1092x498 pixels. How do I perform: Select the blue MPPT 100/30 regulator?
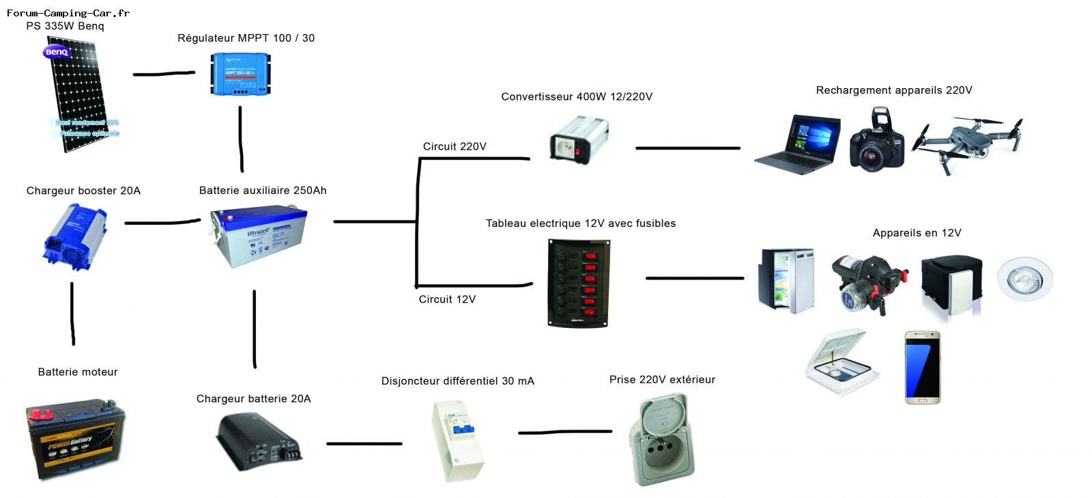coord(241,74)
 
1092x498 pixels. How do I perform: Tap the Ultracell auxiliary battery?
coord(259,236)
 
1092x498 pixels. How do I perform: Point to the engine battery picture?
coord(76,439)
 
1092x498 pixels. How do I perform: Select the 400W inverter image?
coord(579,140)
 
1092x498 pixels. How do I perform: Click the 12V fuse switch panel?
coord(579,282)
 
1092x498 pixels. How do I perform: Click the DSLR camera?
coord(877,141)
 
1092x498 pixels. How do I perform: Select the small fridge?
coord(786,279)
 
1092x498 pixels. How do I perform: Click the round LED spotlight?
coord(1024,279)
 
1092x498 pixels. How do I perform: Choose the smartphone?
coord(923,368)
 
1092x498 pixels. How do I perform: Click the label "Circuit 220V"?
coord(455,146)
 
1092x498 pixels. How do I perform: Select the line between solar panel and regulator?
coord(164,74)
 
